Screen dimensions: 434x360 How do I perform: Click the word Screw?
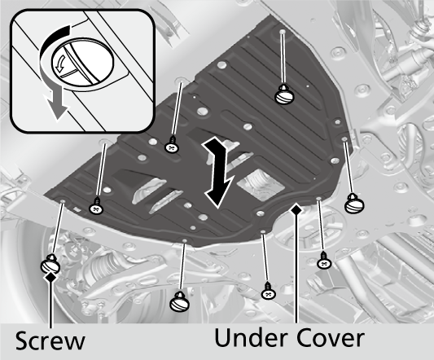[50, 340]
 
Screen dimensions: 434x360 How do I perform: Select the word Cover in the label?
[331, 337]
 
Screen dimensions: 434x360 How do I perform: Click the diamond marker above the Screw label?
[50, 277]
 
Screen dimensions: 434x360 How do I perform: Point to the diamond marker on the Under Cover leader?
[296, 209]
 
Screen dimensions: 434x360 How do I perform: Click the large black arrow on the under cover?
[218, 172]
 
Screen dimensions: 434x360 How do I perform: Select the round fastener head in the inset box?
[82, 62]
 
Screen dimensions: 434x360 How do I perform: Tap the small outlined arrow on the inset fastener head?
[59, 64]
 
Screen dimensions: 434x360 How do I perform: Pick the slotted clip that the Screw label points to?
[50, 264]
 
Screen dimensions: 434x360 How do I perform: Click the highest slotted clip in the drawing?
[284, 94]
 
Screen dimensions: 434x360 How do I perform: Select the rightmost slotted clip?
[353, 204]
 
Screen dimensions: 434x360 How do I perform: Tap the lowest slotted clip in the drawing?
[180, 301]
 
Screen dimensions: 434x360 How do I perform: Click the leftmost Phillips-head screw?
[97, 206]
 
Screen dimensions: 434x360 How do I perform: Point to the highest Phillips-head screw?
[172, 145]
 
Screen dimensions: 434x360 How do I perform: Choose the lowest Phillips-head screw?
[268, 292]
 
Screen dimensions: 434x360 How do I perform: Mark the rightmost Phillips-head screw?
[324, 261]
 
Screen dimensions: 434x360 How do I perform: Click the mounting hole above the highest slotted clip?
[282, 31]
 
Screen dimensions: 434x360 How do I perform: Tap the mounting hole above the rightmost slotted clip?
[344, 138]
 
